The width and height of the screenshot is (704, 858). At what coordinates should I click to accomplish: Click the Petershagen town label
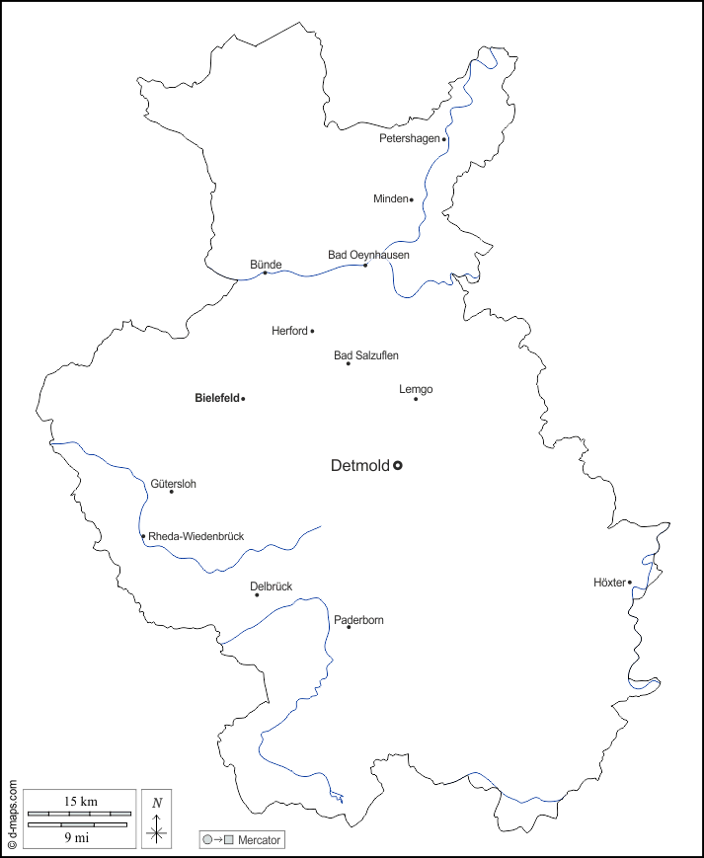click(409, 138)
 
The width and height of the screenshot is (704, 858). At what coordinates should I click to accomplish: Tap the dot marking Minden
click(412, 199)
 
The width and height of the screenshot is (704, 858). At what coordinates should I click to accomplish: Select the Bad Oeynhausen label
click(368, 255)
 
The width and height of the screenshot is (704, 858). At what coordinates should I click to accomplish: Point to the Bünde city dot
click(265, 273)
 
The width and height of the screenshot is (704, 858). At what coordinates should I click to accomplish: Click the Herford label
click(289, 331)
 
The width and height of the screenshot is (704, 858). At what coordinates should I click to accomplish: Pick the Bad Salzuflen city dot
click(348, 363)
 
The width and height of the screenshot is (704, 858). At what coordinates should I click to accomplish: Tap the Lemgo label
click(416, 389)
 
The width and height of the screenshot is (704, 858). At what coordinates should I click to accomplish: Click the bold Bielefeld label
click(217, 399)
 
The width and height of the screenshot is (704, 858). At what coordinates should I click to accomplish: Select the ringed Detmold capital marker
click(398, 465)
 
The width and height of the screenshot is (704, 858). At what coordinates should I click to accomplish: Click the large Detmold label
click(359, 465)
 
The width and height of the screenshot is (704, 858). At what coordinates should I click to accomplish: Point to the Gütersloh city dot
click(171, 492)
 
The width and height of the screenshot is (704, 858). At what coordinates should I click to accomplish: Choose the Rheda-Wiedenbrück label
click(196, 536)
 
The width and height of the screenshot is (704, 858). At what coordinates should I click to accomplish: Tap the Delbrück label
click(271, 586)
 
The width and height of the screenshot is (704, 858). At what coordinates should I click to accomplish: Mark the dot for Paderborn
click(349, 627)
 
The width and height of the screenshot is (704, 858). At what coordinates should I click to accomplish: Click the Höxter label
click(609, 583)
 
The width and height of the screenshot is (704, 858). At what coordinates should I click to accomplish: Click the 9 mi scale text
click(76, 837)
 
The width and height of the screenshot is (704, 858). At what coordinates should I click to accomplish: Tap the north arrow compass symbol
click(156, 819)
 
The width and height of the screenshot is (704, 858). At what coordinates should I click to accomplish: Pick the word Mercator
click(260, 840)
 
